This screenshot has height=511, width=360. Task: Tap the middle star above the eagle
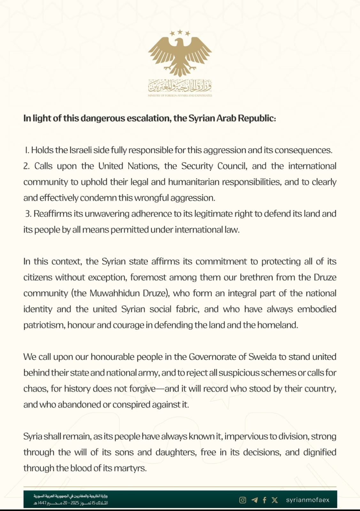180,32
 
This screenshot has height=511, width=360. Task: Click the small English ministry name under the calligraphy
180,95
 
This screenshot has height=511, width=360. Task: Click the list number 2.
26,166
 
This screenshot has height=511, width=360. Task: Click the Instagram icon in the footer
243,500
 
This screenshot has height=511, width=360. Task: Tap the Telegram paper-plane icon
255,500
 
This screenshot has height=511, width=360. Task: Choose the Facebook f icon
264,500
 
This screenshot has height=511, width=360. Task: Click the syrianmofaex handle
308,500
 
